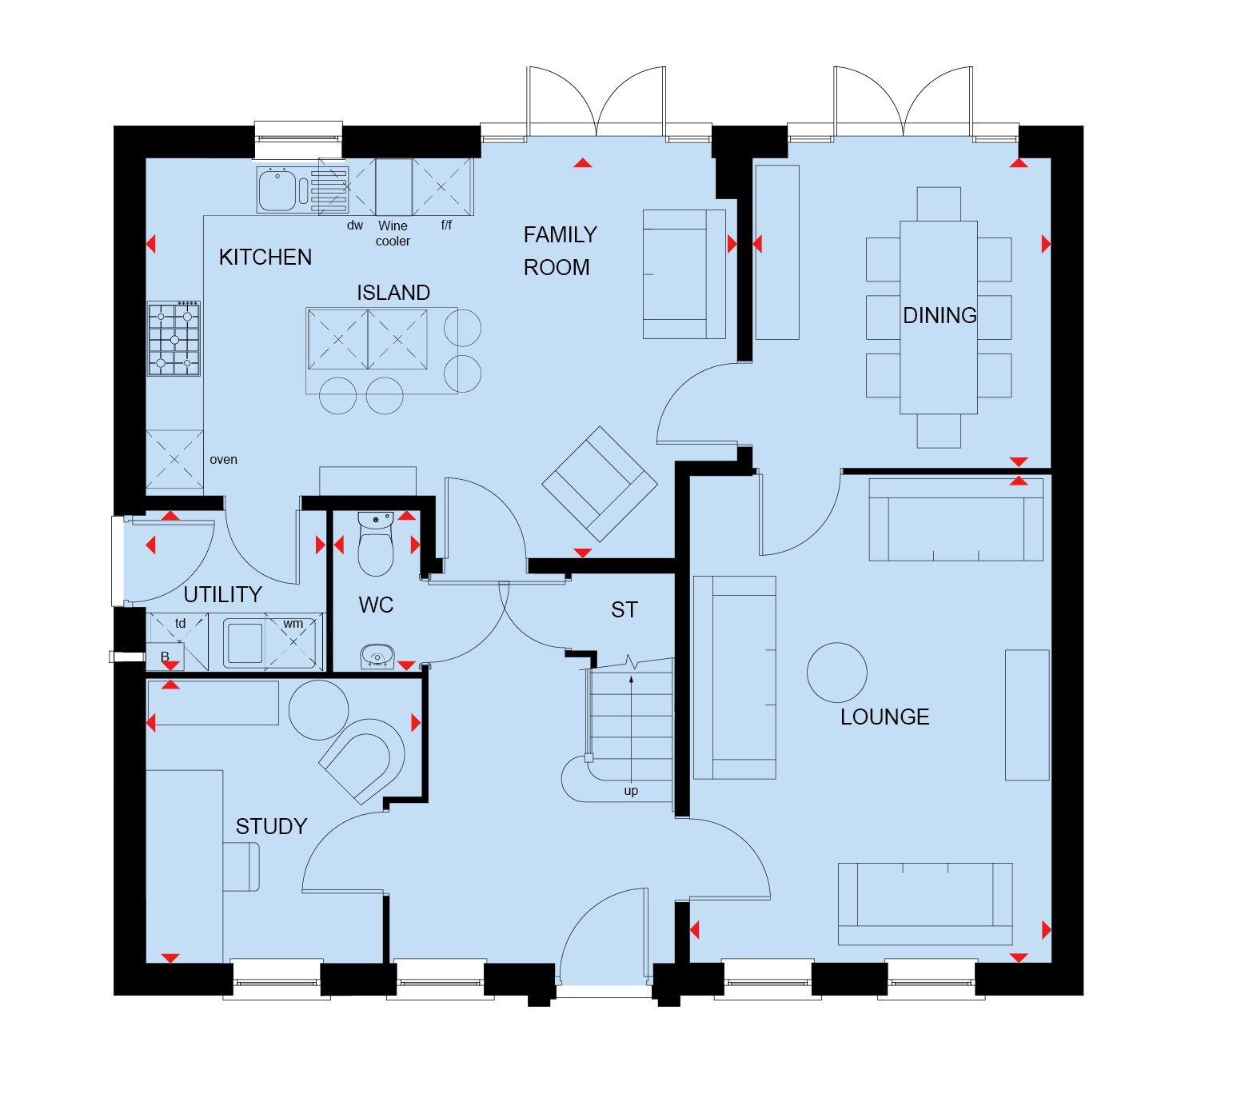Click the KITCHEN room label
pos(265,258)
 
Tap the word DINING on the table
pos(940,316)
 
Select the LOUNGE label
pos(884,717)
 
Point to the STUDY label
pos(271,827)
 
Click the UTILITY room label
pos(223,595)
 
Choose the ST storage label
pos(624,610)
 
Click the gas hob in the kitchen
pos(174,339)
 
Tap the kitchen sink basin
pos(277,190)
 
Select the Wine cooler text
pos(393,234)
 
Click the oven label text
pos(223,460)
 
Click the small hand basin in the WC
pos(377,657)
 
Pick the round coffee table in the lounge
pos(837,673)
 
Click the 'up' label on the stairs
pos(631,791)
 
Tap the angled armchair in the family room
pos(600,484)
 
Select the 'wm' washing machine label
pos(293,624)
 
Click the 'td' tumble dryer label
pos(181,624)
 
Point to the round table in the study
pos(319,710)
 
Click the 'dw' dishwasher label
pos(355,226)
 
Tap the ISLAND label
pos(393,293)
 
